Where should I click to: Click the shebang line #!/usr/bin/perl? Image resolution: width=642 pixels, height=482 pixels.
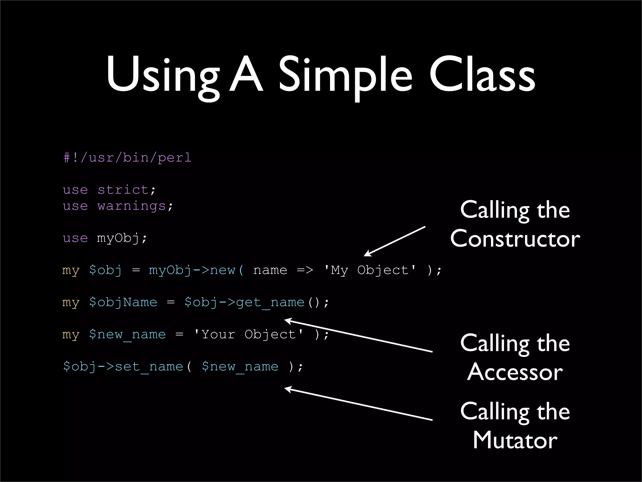(127, 158)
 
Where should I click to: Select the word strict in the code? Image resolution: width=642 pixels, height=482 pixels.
(123, 190)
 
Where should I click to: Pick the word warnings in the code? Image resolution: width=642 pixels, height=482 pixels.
(131, 206)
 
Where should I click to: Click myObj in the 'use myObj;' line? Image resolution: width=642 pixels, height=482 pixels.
(118, 238)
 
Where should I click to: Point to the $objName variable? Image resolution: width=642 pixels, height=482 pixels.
(123, 303)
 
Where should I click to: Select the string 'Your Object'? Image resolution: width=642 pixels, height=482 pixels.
(249, 335)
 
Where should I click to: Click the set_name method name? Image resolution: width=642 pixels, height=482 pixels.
(149, 367)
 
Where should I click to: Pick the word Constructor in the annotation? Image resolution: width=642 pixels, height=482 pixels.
(515, 238)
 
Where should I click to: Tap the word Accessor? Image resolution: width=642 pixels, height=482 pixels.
(515, 372)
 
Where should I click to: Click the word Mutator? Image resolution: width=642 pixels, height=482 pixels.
(515, 440)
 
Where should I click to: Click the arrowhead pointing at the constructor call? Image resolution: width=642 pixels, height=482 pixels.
(367, 254)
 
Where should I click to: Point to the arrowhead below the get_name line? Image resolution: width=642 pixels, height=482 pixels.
(287, 321)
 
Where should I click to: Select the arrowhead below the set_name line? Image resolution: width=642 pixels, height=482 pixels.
(287, 389)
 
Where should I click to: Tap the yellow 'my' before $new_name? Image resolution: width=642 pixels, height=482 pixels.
(71, 335)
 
